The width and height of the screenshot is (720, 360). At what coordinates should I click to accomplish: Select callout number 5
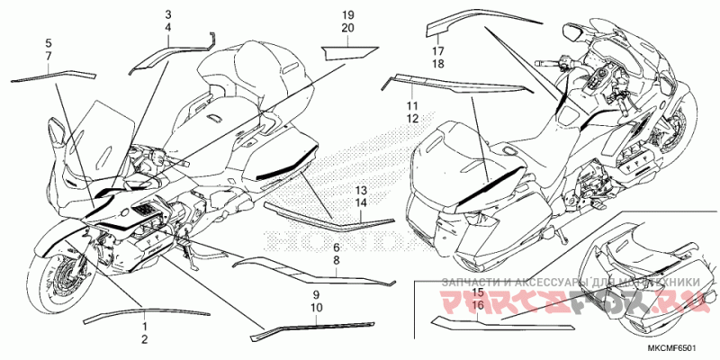(49, 42)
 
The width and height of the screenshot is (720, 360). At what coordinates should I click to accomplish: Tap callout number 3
(167, 16)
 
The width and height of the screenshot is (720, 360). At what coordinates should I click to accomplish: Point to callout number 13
(360, 192)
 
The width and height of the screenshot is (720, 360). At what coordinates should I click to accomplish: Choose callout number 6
(336, 247)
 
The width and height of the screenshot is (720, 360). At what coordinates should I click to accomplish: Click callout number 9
(316, 295)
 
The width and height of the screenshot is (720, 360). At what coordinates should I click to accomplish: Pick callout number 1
(143, 324)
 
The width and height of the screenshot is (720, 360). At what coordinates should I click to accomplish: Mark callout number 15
(478, 293)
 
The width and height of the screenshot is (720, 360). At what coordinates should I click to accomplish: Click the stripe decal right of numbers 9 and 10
(324, 326)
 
